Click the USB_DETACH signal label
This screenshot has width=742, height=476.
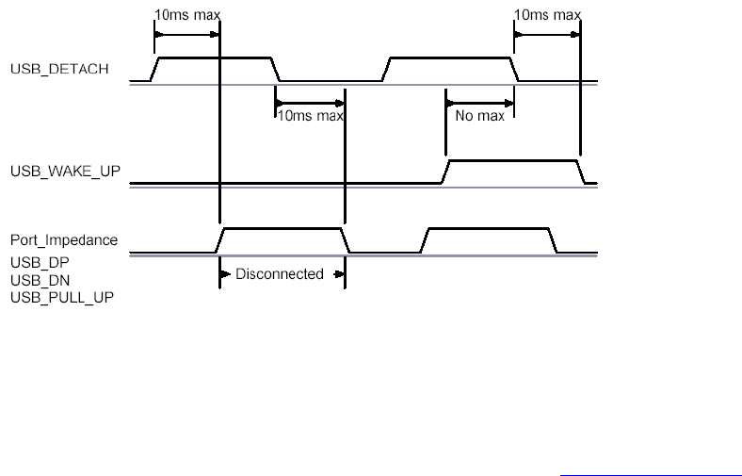click(x=58, y=69)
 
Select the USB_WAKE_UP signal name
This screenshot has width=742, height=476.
click(x=65, y=172)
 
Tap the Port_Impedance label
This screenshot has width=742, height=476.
click(x=64, y=240)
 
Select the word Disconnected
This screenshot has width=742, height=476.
click(x=279, y=274)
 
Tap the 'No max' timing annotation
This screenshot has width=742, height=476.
click(x=479, y=116)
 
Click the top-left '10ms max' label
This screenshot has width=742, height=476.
click(x=187, y=15)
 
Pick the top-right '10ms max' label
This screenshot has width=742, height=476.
click(x=547, y=15)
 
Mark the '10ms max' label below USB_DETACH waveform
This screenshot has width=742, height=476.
click(x=309, y=116)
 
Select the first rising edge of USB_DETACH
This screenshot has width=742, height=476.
click(x=156, y=70)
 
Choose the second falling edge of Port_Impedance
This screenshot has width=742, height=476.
click(x=554, y=240)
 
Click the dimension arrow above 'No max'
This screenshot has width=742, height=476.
click(x=479, y=102)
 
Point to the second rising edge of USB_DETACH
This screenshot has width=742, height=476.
click(x=386, y=70)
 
